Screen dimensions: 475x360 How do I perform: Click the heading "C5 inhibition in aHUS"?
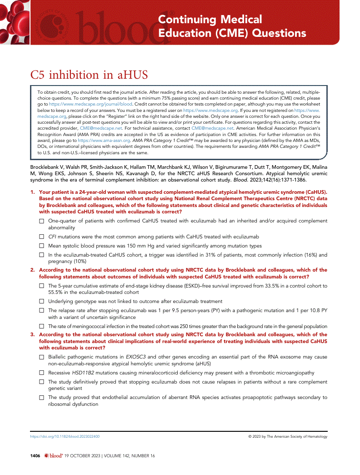click(x=89, y=75)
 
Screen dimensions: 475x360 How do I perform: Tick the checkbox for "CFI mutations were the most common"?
click(x=42, y=237)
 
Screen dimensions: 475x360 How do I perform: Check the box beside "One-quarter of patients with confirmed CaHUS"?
click(x=42, y=221)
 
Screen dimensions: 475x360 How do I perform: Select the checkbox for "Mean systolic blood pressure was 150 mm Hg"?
click(x=42, y=246)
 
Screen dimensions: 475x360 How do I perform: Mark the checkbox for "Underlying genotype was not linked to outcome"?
click(x=42, y=301)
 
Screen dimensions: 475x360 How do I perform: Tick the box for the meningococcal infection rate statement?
click(x=42, y=326)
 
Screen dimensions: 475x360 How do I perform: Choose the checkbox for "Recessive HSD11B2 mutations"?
click(x=42, y=373)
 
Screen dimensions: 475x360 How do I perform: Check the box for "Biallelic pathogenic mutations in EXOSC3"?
click(x=42, y=357)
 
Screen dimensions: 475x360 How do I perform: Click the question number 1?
click(x=32, y=192)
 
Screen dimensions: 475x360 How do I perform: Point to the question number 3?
click(x=32, y=335)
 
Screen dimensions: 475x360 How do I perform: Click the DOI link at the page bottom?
click(x=65, y=436)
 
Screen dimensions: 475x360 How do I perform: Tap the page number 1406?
click(x=35, y=455)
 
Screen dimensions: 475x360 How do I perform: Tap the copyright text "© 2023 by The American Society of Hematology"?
click(x=287, y=436)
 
